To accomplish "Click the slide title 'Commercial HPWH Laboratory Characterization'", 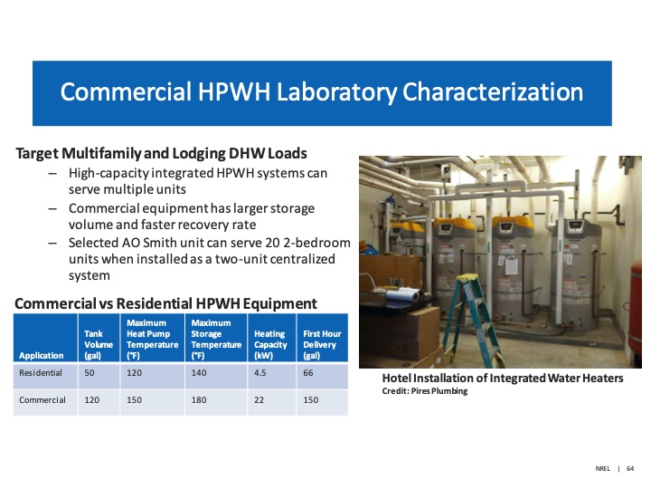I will coord(321,93).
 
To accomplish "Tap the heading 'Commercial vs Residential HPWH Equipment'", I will coord(165,303).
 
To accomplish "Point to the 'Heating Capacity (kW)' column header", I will coord(270,345).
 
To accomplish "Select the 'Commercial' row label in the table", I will coord(42,400).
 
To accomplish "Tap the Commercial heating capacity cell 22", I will coord(260,400).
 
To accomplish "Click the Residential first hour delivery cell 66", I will coord(310,372).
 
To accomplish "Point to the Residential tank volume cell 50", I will coord(90,372).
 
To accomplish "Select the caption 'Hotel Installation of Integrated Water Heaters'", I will coord(503,379).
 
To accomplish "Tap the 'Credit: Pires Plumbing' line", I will coord(424,391).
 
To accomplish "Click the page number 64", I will coord(629,469).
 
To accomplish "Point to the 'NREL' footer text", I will coord(603,469).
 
